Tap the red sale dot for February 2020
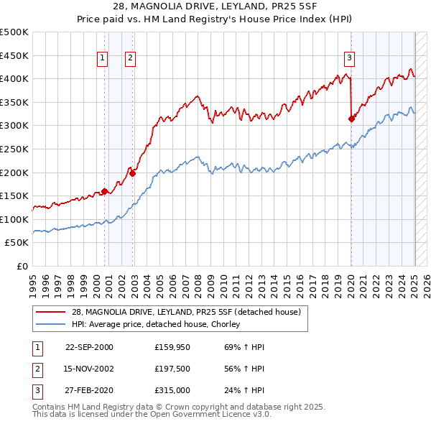[351, 119]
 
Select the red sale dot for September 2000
[105, 191]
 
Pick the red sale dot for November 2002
[132, 173]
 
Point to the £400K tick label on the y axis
[14, 79]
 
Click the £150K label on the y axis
[14, 195]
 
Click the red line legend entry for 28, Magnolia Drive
[190, 311]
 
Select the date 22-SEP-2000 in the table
[89, 347]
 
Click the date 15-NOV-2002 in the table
[89, 369]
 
